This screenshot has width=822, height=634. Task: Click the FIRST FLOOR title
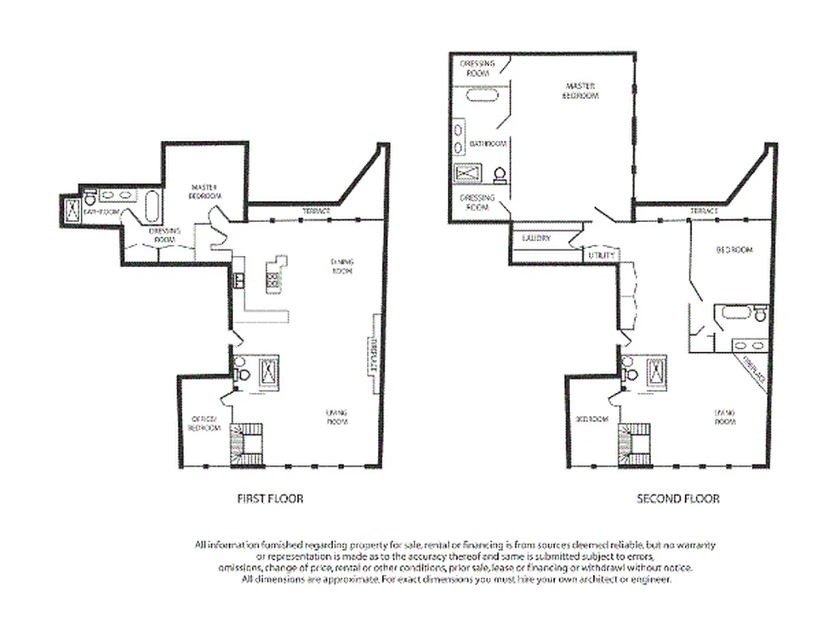pos(270,499)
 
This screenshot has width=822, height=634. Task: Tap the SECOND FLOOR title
pos(678,499)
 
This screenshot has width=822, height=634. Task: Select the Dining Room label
pos(342,266)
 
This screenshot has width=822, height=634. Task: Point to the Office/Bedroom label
pos(204,423)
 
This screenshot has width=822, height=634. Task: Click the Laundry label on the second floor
pos(537,238)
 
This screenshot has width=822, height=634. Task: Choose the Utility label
pos(598,255)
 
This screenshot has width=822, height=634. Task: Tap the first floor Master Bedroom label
pos(205,192)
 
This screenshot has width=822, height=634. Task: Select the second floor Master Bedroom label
pos(581,90)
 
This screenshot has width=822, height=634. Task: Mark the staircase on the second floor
pos(635,446)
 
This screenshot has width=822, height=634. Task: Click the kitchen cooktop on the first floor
pos(273,278)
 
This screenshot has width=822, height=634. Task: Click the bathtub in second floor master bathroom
pos(480,97)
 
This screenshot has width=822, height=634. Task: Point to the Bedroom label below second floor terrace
pos(735,250)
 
